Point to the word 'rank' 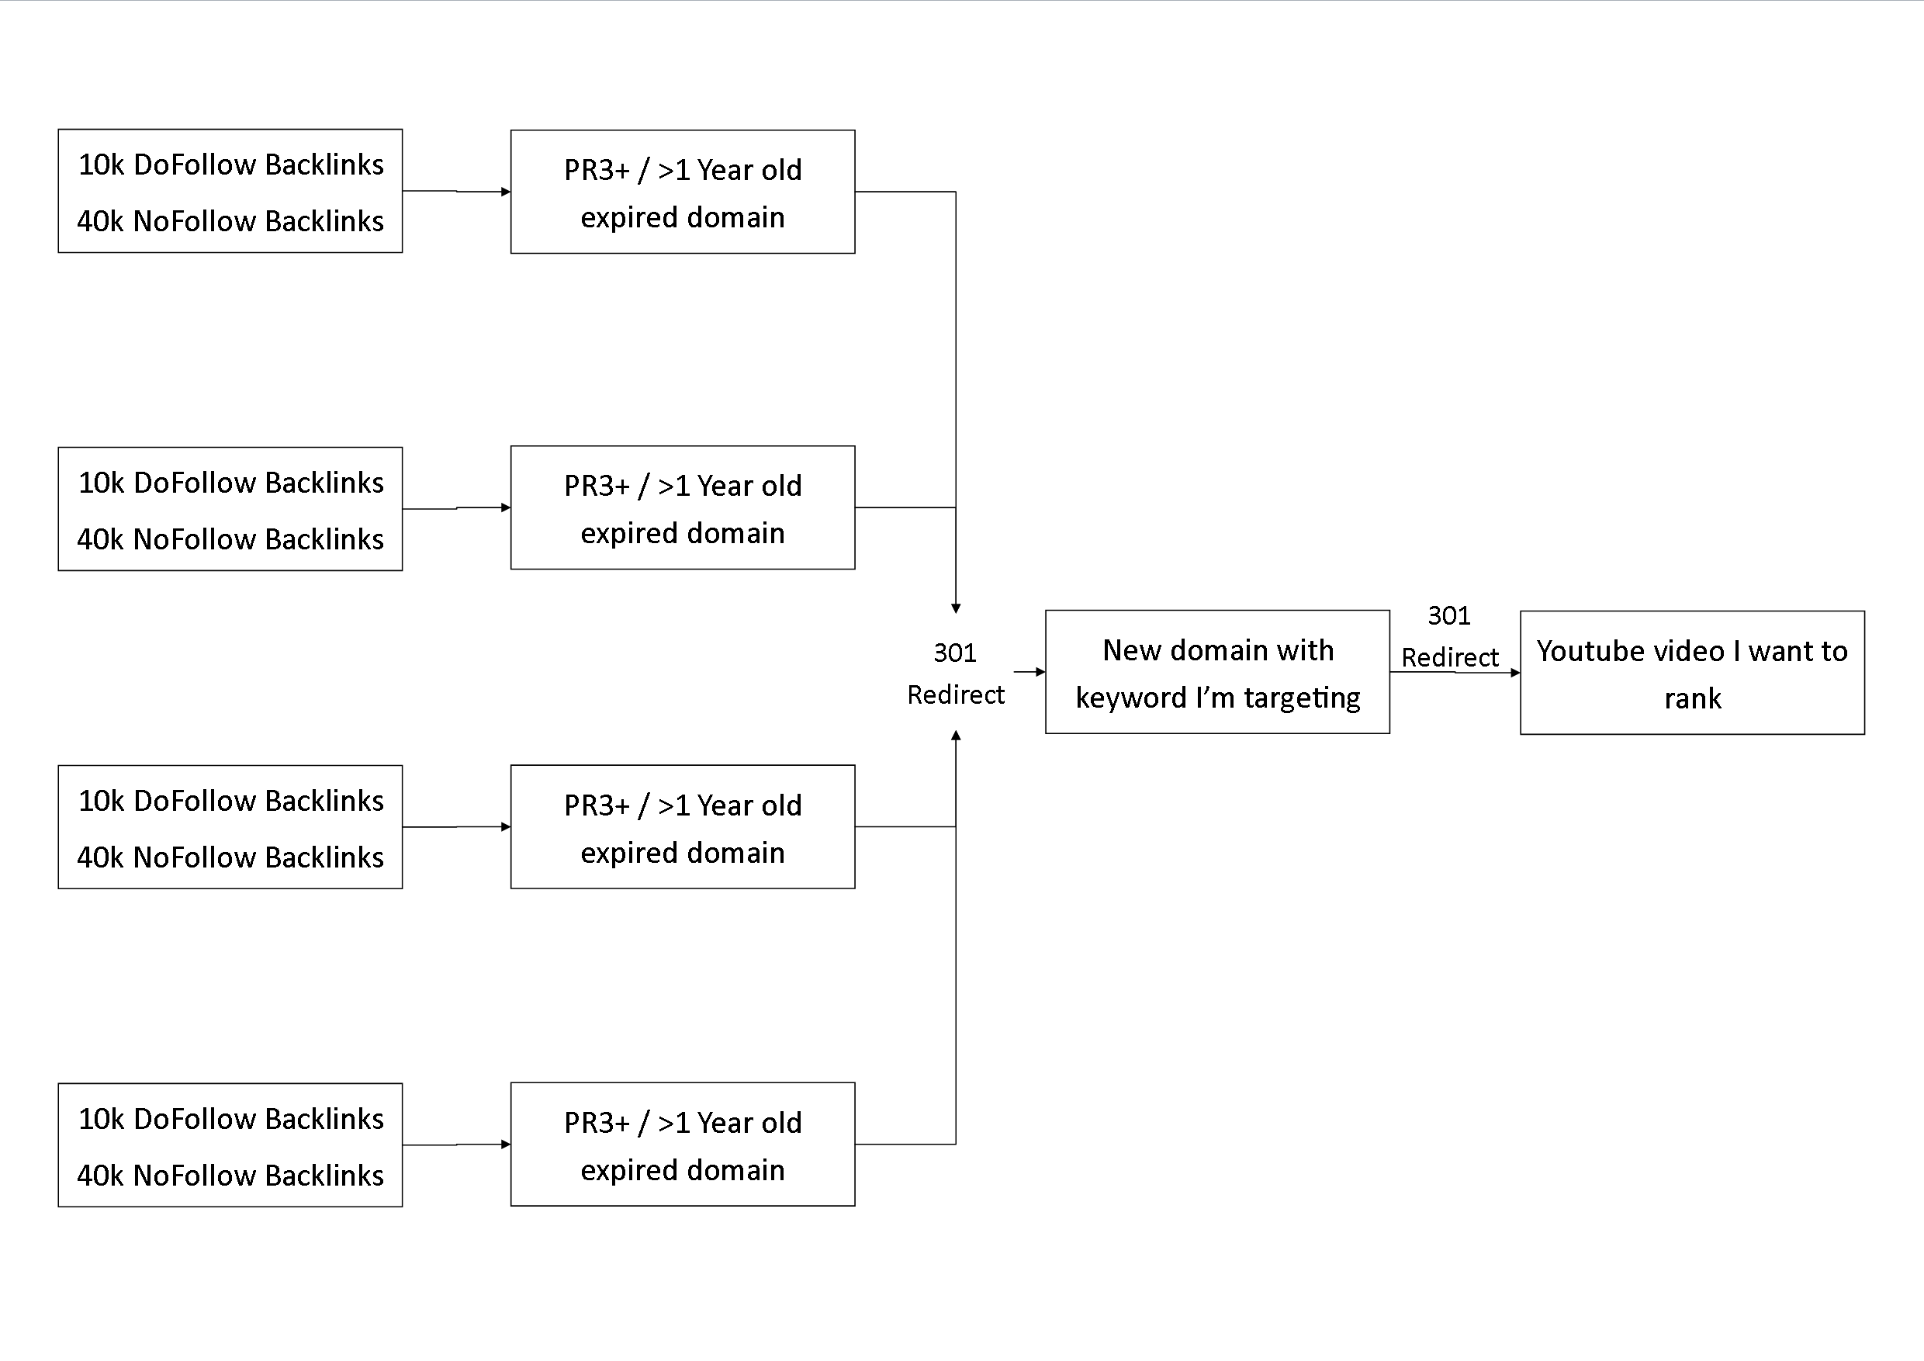click(x=1693, y=699)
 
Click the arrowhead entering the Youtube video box click(x=1515, y=672)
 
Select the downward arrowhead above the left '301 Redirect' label click(x=955, y=608)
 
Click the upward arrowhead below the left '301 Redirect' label click(x=955, y=736)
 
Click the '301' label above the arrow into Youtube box click(x=1449, y=616)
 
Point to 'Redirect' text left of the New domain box click(x=955, y=694)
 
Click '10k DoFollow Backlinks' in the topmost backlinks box click(x=230, y=165)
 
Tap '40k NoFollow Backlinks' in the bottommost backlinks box click(x=230, y=1176)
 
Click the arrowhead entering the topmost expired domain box click(x=505, y=192)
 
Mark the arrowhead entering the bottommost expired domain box click(x=505, y=1145)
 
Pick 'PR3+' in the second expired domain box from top click(x=597, y=486)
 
